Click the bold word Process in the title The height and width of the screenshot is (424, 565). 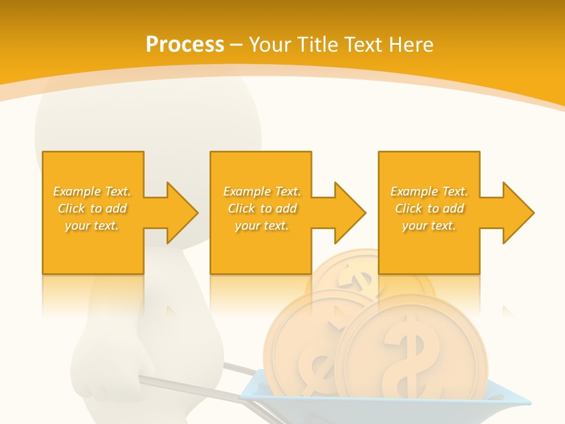coord(185,44)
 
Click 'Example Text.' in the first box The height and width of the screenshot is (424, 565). coord(92,191)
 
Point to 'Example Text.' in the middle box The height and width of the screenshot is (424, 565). coord(262,191)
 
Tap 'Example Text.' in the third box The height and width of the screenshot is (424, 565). coord(429,191)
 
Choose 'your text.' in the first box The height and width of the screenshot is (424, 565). coord(92,226)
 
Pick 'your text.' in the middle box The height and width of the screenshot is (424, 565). coord(262,226)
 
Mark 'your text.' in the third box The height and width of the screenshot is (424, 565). coord(429,226)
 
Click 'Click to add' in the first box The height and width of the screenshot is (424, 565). coord(92,208)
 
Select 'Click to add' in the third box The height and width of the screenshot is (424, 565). coord(429,208)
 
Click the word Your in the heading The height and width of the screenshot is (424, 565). coord(269,44)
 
